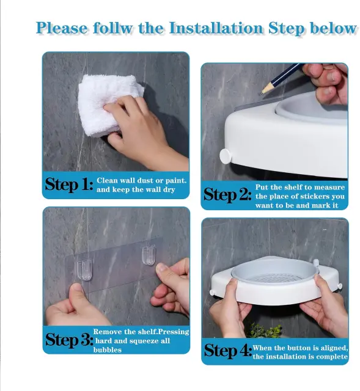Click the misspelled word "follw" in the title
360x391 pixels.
click(113, 27)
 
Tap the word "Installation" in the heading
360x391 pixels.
click(216, 27)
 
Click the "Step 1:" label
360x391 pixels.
click(69, 185)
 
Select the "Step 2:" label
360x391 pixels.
click(227, 195)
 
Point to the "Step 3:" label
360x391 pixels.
click(69, 340)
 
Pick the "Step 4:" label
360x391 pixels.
click(228, 351)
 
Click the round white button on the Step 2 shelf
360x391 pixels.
click(226, 156)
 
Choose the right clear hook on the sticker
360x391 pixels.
click(149, 255)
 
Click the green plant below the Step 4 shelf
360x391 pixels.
click(265, 331)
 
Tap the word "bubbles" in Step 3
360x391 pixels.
click(108, 350)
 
